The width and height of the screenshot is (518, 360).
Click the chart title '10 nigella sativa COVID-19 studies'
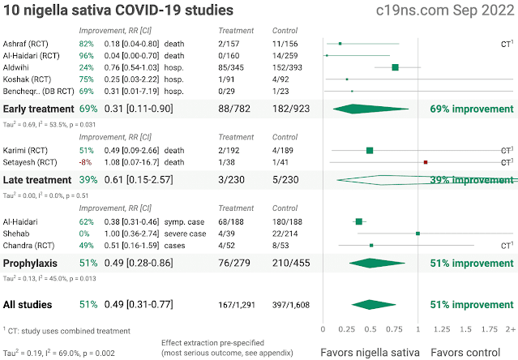pos(118,11)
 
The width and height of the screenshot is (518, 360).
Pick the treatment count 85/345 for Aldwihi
pos(234,66)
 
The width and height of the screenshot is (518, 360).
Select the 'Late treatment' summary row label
pos(35,179)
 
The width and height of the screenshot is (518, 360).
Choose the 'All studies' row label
pos(28,305)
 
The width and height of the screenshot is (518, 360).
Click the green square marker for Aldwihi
pos(395,66)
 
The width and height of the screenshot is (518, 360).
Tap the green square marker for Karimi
pos(370,150)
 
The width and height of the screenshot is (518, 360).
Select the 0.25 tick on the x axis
pos(346,329)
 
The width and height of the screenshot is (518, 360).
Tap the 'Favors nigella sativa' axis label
pos(370,352)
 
